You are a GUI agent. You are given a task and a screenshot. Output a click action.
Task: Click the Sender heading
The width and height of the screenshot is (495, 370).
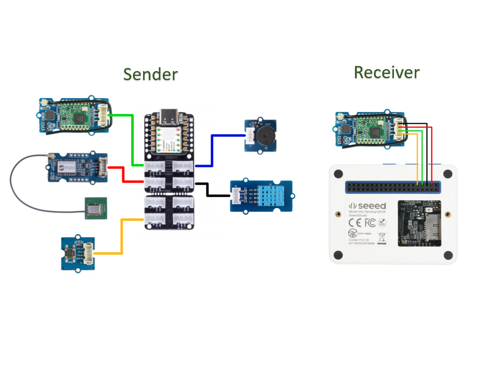[x=151, y=74]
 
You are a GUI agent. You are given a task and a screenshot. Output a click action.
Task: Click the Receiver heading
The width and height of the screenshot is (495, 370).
[x=387, y=72]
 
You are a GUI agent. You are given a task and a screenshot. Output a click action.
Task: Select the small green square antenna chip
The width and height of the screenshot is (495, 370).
[x=96, y=208]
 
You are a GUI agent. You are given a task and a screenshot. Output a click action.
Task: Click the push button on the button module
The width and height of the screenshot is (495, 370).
[x=71, y=253]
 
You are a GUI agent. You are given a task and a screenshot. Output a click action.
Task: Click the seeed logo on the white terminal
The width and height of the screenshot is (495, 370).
[x=368, y=206]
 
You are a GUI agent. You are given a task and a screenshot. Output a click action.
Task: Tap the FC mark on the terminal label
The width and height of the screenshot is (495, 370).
[x=370, y=223]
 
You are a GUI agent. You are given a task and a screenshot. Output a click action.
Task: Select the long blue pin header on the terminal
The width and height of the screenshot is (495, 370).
[x=392, y=187]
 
